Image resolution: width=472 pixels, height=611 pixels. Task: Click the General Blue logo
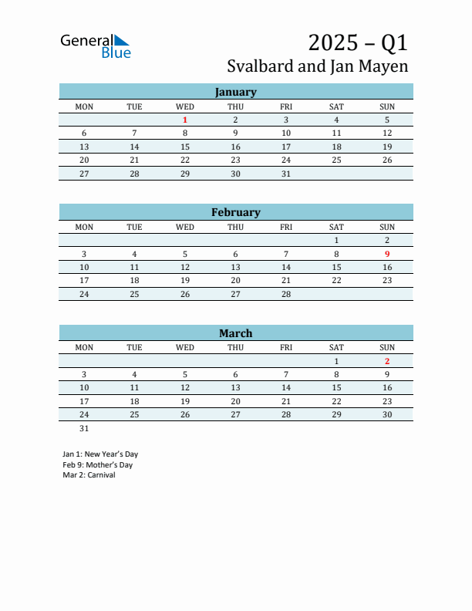[x=96, y=46]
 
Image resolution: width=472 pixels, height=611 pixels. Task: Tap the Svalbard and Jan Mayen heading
[x=318, y=66]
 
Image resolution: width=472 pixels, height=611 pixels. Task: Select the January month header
[x=235, y=92]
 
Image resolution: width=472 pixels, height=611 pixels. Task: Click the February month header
[x=235, y=212]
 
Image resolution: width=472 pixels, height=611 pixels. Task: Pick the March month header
[x=235, y=333]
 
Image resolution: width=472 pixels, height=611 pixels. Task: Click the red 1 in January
[x=185, y=120]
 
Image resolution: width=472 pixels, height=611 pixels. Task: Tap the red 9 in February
[x=387, y=254]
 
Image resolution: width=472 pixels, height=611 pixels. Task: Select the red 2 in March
[x=387, y=361]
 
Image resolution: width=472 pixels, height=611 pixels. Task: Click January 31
[x=286, y=174]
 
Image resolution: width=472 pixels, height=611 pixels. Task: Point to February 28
[x=286, y=294]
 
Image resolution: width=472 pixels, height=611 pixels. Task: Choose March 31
[x=84, y=428]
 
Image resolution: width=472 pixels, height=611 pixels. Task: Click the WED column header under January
[x=185, y=106]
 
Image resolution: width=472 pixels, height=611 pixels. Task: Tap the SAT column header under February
[x=336, y=227]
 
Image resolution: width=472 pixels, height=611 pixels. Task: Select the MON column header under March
[x=84, y=347]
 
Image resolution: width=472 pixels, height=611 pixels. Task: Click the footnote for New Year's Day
[x=100, y=454]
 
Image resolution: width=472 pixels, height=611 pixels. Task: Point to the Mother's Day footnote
[x=98, y=465]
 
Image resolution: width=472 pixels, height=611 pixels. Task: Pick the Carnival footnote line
[x=89, y=475]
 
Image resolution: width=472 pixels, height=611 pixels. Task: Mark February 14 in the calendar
[x=286, y=267]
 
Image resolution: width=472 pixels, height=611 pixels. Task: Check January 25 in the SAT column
[x=336, y=160]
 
